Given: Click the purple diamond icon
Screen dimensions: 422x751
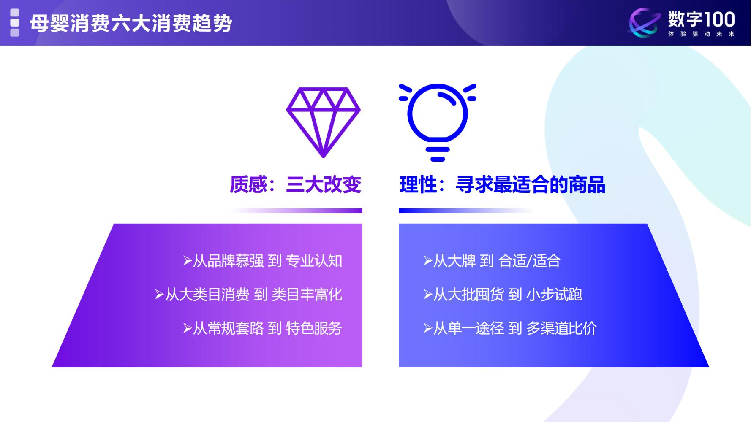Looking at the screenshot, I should pyautogui.click(x=323, y=122).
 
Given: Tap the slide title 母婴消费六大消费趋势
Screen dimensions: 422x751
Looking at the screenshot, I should pyautogui.click(x=131, y=23).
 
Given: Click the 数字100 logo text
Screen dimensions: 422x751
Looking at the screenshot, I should pyautogui.click(x=701, y=19).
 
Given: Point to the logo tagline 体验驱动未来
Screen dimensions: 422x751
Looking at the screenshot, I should pyautogui.click(x=701, y=34).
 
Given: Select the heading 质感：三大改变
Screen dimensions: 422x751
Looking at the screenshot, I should pyautogui.click(x=295, y=185).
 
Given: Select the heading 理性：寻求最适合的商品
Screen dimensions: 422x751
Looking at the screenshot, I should pyautogui.click(x=502, y=185).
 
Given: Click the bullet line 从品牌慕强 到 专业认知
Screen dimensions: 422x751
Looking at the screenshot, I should pyautogui.click(x=263, y=261).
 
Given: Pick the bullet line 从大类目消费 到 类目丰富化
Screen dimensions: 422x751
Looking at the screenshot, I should pyautogui.click(x=249, y=295).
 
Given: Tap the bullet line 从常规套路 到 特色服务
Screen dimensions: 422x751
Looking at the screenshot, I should pyautogui.click(x=263, y=328).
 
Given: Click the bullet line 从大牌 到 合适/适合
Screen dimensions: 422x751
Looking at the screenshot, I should pyautogui.click(x=492, y=261).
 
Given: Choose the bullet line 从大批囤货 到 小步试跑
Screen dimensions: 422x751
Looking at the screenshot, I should pyautogui.click(x=503, y=295).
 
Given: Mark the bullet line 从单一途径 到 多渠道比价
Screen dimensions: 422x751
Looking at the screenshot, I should pyautogui.click(x=510, y=328).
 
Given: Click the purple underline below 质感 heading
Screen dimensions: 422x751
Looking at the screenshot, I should pyautogui.click(x=296, y=211).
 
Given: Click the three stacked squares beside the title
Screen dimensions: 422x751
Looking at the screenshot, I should pyautogui.click(x=15, y=23).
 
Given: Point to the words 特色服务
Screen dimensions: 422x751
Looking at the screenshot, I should pyautogui.click(x=314, y=328).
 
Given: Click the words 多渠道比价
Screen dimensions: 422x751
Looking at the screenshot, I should pyautogui.click(x=561, y=328).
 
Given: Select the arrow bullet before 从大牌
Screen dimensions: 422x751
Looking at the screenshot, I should pyautogui.click(x=428, y=261).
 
